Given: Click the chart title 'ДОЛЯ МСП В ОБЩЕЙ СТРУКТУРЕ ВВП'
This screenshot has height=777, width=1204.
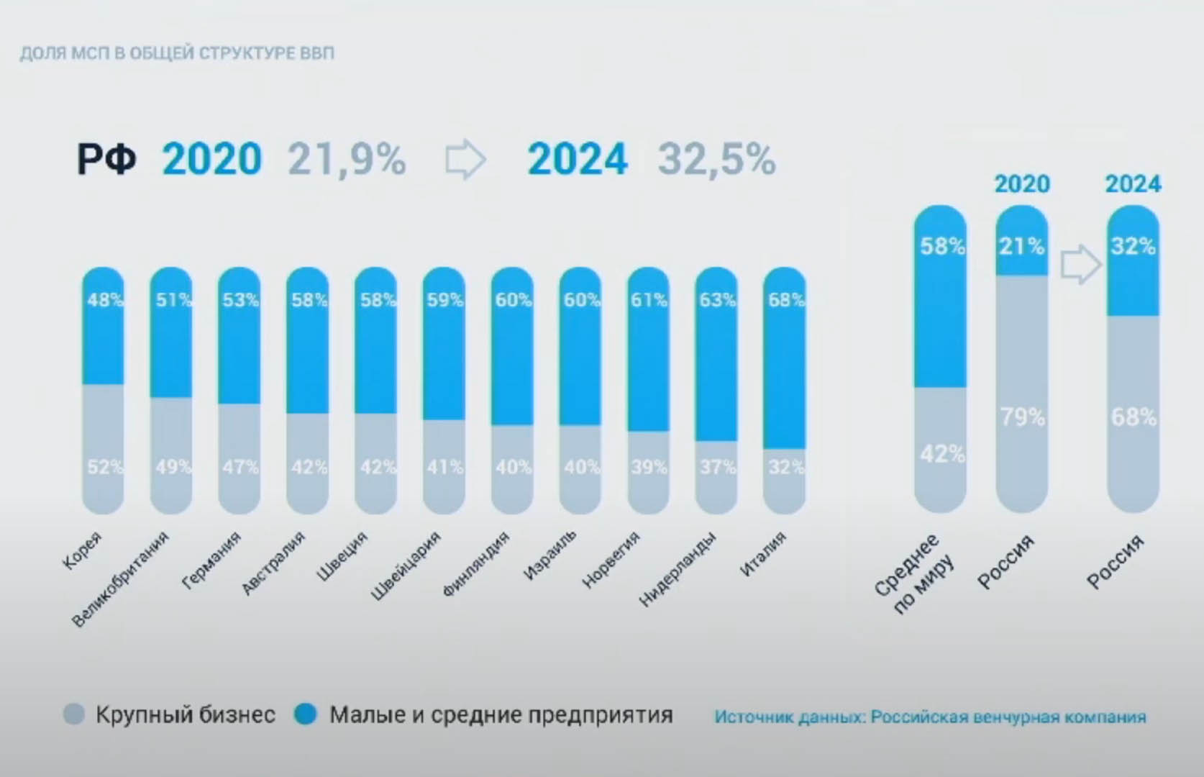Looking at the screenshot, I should [x=177, y=54].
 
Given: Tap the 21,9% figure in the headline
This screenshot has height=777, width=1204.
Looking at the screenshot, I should [x=347, y=160].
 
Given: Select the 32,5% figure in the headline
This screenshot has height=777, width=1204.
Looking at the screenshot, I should [x=716, y=160].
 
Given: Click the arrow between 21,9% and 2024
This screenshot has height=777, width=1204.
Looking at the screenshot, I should [x=465, y=160].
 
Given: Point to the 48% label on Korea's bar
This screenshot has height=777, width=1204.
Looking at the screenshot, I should [x=104, y=300].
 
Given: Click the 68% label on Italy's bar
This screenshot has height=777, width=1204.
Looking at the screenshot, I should [x=785, y=300].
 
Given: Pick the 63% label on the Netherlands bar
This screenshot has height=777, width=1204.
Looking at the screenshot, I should [x=717, y=300].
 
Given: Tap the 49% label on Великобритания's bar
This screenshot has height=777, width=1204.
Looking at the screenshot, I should [x=173, y=468].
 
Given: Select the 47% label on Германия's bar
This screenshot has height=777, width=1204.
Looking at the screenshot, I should [x=240, y=468].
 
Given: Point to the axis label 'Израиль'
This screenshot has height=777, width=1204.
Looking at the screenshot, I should [x=550, y=555].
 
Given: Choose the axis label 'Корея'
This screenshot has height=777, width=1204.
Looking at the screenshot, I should [x=83, y=551].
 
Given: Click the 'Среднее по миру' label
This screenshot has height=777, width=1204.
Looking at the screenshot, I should [x=916, y=575].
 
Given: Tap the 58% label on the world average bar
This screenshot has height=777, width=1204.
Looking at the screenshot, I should [x=941, y=247].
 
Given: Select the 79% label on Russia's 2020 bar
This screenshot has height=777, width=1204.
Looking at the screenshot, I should [x=1022, y=417].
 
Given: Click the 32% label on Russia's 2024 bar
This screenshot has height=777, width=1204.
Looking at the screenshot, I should [x=1133, y=247].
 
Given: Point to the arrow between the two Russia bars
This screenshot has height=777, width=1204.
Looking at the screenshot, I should [x=1080, y=265].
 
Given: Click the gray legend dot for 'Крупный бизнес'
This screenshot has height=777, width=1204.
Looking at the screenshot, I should [x=74, y=714].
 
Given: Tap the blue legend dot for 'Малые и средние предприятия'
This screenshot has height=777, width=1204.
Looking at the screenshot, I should [x=306, y=714].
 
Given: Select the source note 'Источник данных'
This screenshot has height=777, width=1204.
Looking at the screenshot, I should [x=930, y=717].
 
